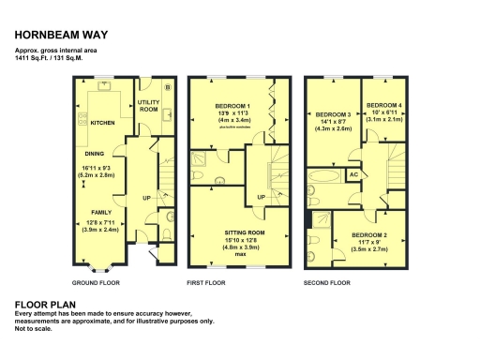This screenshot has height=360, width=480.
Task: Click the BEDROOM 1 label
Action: click(228, 106)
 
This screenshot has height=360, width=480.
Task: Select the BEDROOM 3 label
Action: click(335, 112)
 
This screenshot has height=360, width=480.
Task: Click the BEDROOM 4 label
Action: click(383, 105)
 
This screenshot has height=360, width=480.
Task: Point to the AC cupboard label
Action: click(353, 174)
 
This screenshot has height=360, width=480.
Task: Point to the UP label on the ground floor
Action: click(146, 198)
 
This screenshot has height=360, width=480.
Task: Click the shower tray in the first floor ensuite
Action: click(200, 168)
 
